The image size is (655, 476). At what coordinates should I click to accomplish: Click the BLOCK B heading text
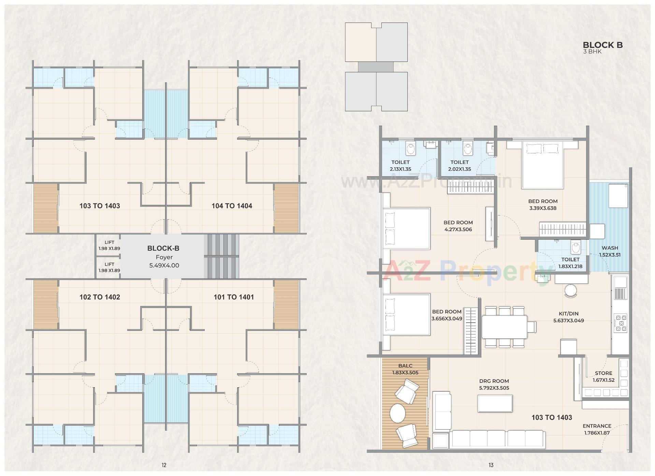(602, 45)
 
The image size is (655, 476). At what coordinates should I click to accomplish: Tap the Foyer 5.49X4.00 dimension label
(164, 265)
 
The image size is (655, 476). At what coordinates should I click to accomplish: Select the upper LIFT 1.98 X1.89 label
(109, 246)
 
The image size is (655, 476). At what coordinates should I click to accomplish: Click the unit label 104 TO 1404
(232, 206)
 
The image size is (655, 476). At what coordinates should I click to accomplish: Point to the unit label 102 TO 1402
(100, 297)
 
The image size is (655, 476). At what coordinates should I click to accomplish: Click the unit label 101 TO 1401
(234, 297)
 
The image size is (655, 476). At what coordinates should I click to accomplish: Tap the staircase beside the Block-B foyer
(221, 256)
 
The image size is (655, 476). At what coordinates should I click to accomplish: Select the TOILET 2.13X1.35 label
(401, 166)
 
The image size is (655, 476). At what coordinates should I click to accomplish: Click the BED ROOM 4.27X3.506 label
(458, 226)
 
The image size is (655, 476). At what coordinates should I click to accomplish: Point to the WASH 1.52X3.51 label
(610, 251)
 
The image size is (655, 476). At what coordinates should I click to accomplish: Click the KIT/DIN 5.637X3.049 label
(568, 317)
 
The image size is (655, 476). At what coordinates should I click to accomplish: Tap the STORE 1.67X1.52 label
(603, 376)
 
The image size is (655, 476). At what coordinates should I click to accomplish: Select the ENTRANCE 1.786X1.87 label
(597, 429)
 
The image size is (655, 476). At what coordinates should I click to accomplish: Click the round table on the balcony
(397, 413)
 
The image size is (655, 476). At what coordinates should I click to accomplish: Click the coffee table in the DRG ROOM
(495, 404)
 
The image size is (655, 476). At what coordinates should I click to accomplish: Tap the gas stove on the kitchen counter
(620, 323)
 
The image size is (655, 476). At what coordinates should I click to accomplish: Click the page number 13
(491, 465)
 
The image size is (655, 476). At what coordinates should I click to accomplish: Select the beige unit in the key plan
(361, 42)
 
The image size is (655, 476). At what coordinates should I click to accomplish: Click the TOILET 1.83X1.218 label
(570, 263)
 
